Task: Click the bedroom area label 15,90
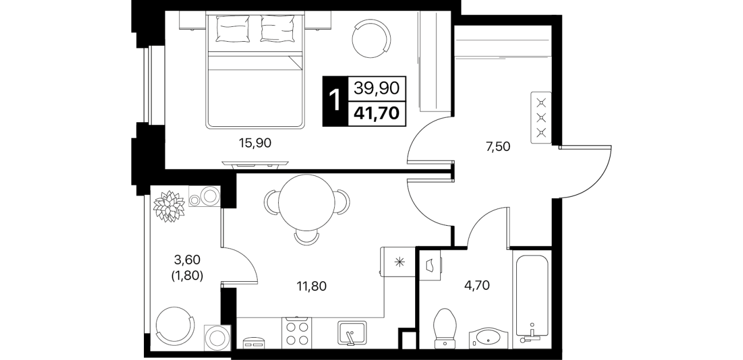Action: [x=255, y=143]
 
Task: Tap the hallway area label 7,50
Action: [x=497, y=146]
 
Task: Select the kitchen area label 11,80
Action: [x=311, y=286]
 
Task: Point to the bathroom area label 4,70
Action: [x=477, y=285]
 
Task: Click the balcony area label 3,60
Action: [x=187, y=260]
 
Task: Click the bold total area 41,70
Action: [x=376, y=114]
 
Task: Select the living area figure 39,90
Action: [x=376, y=88]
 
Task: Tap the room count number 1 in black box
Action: [x=335, y=101]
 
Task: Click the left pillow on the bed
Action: [x=232, y=29]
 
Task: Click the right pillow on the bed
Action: [x=278, y=29]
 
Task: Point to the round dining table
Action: [x=307, y=203]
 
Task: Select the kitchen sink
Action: [x=352, y=333]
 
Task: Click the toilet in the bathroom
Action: [x=445, y=329]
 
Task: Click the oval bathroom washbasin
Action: [x=488, y=338]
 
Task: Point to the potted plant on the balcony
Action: [x=169, y=206]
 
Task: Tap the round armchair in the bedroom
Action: [x=371, y=38]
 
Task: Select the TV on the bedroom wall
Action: [x=255, y=163]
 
